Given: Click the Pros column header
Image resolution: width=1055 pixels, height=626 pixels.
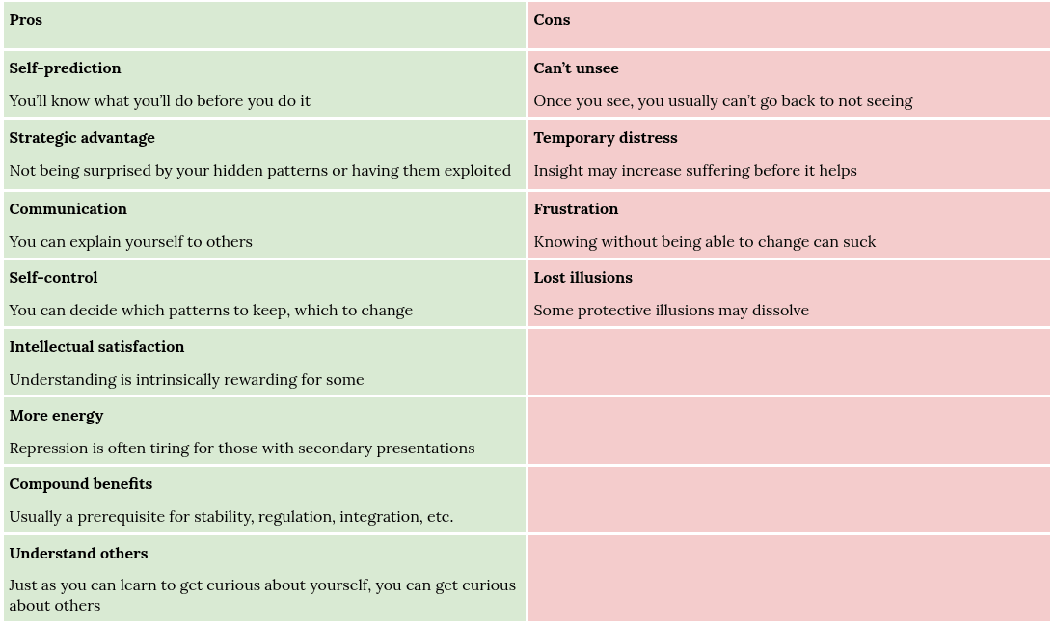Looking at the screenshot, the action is pos(26,20).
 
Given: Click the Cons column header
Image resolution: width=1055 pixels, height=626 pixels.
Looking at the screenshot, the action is pos(552,20).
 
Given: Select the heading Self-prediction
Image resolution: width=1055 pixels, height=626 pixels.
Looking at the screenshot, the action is pos(66,68).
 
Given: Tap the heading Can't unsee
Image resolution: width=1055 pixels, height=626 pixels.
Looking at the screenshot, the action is pos(576,68).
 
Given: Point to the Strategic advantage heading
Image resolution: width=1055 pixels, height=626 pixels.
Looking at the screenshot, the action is pos(82,138).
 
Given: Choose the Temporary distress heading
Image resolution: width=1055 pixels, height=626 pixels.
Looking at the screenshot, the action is pos(606,138).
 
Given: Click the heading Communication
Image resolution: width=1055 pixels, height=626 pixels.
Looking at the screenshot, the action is pos(68,209).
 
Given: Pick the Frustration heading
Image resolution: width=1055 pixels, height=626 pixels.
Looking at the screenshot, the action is pos(576,209).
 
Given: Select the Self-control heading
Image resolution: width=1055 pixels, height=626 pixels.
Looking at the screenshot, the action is pos(53,278).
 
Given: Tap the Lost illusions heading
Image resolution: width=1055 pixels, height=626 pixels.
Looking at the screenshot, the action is pos(583,278).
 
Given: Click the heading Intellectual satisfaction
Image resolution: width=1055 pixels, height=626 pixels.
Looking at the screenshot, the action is pos(96,347).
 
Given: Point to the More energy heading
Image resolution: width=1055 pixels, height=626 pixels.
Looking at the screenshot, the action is pos(57,416).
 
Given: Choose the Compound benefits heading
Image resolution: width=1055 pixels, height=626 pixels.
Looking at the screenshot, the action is pos(81,484).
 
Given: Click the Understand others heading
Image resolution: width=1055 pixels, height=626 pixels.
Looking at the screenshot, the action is pos(79,554).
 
